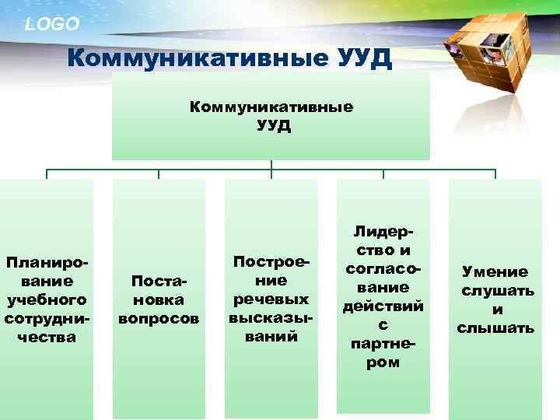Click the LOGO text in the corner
(x=52, y=24)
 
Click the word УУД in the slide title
(x=356, y=59)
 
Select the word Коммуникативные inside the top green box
(x=271, y=107)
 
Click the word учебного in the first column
(x=46, y=299)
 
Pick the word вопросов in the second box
(x=159, y=318)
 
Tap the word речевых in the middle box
(x=271, y=299)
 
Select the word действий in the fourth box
(x=383, y=306)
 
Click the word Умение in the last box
(x=495, y=271)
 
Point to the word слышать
(x=496, y=327)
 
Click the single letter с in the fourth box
(x=383, y=324)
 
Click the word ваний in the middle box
(x=271, y=337)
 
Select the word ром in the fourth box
(x=383, y=362)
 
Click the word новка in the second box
(x=159, y=299)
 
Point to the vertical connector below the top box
(x=271, y=165)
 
